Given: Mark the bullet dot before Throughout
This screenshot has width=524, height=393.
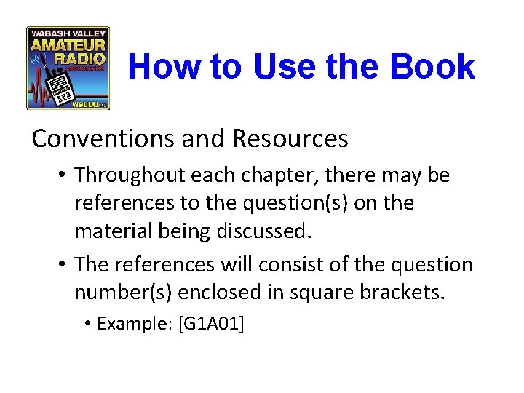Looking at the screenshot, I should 65,175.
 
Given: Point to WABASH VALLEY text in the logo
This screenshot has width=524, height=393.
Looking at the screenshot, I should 68,33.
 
